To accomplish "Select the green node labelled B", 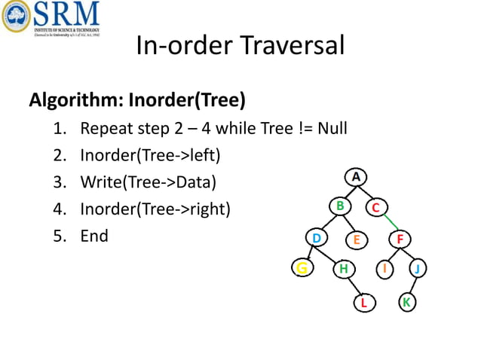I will pyautogui.click(x=340, y=206).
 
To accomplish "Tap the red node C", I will pyautogui.click(x=376, y=208).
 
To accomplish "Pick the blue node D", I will pyautogui.click(x=317, y=239).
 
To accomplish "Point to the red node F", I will pyautogui.click(x=400, y=240).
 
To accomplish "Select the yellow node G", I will pyautogui.click(x=302, y=268).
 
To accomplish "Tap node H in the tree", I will pyautogui.click(x=344, y=268).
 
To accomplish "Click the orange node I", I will pyautogui.click(x=385, y=268).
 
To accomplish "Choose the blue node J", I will pyautogui.click(x=418, y=269).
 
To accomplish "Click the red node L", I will pyautogui.click(x=364, y=303).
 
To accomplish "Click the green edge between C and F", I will pyautogui.click(x=388, y=224).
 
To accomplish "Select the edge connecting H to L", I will pyautogui.click(x=354, y=285).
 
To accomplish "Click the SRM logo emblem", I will pyautogui.click(x=16, y=17).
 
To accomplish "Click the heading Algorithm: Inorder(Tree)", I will pyautogui.click(x=137, y=99).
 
